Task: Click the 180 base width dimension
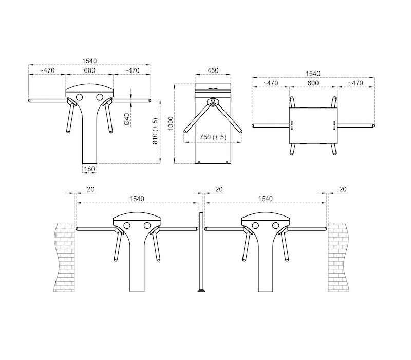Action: click(89, 169)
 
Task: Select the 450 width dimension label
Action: click(213, 70)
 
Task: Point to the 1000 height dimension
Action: click(171, 123)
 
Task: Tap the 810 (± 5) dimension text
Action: click(155, 131)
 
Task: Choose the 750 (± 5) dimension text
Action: click(213, 137)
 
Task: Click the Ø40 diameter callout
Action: click(126, 119)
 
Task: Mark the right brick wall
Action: click(338, 257)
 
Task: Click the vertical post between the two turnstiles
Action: click(201, 252)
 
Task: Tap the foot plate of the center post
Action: click(201, 291)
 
